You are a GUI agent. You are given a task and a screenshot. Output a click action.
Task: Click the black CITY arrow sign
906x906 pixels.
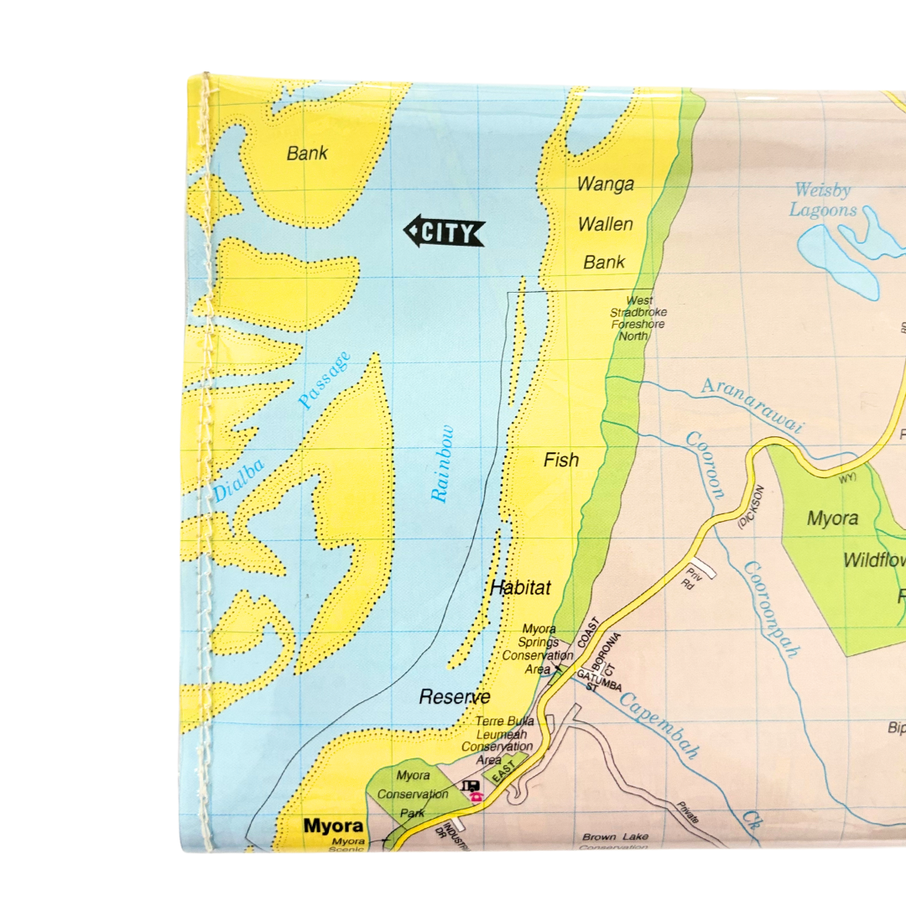pyautogui.click(x=445, y=232)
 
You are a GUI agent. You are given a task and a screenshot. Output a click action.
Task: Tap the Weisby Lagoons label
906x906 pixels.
pyautogui.click(x=825, y=200)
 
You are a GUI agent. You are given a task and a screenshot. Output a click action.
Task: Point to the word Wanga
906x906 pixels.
pyautogui.click(x=605, y=185)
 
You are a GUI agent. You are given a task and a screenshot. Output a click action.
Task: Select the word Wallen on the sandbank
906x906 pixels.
pyautogui.click(x=605, y=224)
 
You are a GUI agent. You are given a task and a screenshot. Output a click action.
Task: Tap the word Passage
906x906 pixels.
pyautogui.click(x=324, y=381)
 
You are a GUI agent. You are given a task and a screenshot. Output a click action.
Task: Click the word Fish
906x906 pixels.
pyautogui.click(x=561, y=460)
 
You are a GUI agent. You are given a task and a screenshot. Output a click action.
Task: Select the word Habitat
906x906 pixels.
pyautogui.click(x=521, y=588)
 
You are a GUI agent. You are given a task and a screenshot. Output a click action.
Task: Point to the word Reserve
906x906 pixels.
pyautogui.click(x=455, y=696)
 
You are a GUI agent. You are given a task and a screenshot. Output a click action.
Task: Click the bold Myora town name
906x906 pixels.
pyautogui.click(x=334, y=825)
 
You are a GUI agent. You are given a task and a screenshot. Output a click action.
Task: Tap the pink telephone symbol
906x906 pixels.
pyautogui.click(x=476, y=797)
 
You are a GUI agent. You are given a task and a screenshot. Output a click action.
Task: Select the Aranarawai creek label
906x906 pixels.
pyautogui.click(x=752, y=404)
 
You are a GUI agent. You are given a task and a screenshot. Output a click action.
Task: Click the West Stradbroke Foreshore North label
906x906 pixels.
pyautogui.click(x=638, y=318)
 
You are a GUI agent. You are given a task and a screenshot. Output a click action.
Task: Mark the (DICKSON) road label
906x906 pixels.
pyautogui.click(x=751, y=507)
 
